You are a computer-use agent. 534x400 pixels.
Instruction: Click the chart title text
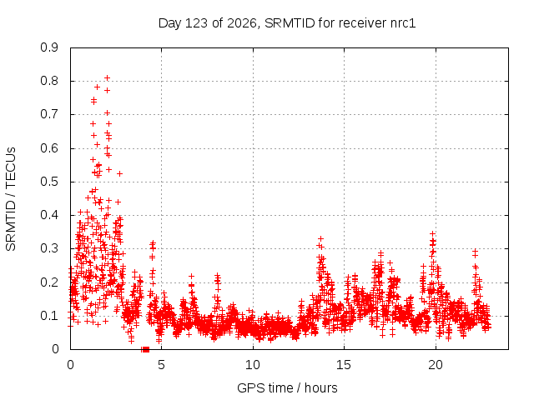coord(287,23)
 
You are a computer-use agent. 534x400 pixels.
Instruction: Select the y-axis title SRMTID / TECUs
coord(11,199)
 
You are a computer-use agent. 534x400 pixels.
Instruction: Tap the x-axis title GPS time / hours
coord(287,387)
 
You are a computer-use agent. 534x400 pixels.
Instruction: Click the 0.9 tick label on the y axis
coord(49,47)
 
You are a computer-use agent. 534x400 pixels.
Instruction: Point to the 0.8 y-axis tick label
coord(49,81)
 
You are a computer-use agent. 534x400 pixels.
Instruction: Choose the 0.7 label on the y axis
coord(49,114)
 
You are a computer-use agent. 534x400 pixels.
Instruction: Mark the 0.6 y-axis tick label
coord(49,148)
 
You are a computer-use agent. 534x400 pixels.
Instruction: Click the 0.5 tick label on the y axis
coord(49,182)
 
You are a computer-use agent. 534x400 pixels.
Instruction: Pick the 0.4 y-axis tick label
coord(49,215)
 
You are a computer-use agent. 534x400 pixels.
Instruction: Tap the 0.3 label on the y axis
coord(49,248)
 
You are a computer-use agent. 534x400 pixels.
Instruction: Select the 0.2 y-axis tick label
coord(49,282)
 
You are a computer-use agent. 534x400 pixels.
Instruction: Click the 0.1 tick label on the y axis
coord(49,316)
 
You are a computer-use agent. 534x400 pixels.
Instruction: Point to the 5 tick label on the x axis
coord(161,365)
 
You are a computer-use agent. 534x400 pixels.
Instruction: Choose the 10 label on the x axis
coord(253,365)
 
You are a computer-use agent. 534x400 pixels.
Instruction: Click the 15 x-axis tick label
coord(344,365)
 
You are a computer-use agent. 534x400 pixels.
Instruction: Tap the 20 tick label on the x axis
coord(436,365)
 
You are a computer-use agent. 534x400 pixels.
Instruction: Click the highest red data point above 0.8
coord(107,78)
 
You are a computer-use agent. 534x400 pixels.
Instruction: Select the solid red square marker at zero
coord(146,349)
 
